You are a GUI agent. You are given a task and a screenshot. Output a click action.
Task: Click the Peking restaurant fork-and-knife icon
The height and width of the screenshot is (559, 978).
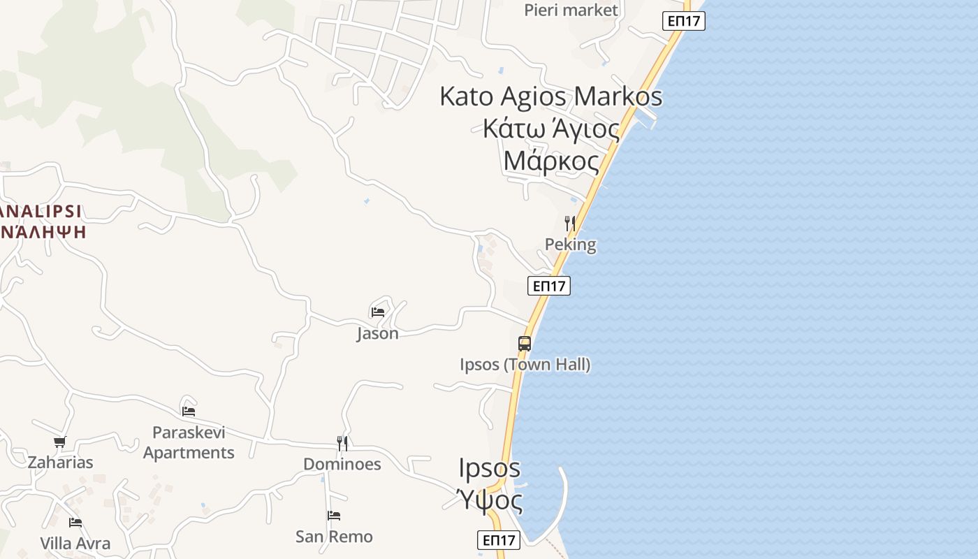tap(570, 224)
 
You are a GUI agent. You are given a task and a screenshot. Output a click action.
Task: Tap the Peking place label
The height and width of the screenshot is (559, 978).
tap(571, 245)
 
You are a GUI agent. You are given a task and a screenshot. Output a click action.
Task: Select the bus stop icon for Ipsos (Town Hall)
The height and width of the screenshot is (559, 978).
tap(525, 343)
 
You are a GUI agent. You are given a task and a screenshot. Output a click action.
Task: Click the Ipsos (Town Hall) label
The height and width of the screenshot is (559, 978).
tap(525, 365)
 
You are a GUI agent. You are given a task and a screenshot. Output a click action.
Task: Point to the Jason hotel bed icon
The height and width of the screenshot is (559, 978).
tap(378, 312)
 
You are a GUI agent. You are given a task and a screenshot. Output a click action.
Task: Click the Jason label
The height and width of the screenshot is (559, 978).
tap(378, 333)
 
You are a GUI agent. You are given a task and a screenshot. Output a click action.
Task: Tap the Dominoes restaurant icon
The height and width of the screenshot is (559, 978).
tap(342, 443)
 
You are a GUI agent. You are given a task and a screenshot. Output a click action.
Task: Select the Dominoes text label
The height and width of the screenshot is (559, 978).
tap(342, 464)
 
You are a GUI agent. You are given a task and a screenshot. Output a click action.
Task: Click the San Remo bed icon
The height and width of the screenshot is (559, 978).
tap(334, 516)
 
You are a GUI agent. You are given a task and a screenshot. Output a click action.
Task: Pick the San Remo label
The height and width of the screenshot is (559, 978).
tap(334, 537)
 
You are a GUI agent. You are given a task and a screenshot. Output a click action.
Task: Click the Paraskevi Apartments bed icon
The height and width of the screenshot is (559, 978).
tap(189, 411)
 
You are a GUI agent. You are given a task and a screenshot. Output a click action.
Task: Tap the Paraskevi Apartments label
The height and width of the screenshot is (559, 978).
tap(189, 442)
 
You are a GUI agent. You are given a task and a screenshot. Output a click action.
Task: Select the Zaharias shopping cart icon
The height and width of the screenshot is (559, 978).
tap(60, 442)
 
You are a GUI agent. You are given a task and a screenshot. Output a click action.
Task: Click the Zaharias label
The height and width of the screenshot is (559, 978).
tap(60, 463)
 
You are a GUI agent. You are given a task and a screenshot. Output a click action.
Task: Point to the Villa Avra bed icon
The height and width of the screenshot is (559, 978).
tap(75, 522)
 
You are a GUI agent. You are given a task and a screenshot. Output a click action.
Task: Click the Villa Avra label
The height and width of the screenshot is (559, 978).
tap(75, 544)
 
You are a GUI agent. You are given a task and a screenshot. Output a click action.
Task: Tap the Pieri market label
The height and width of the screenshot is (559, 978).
tap(571, 10)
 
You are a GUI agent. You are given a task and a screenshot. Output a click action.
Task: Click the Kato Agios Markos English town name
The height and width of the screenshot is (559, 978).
tap(550, 96)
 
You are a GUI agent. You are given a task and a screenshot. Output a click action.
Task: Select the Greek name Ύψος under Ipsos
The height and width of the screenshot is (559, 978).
tap(490, 500)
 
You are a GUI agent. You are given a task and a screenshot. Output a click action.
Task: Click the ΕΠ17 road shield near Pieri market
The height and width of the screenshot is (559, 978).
tap(683, 21)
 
